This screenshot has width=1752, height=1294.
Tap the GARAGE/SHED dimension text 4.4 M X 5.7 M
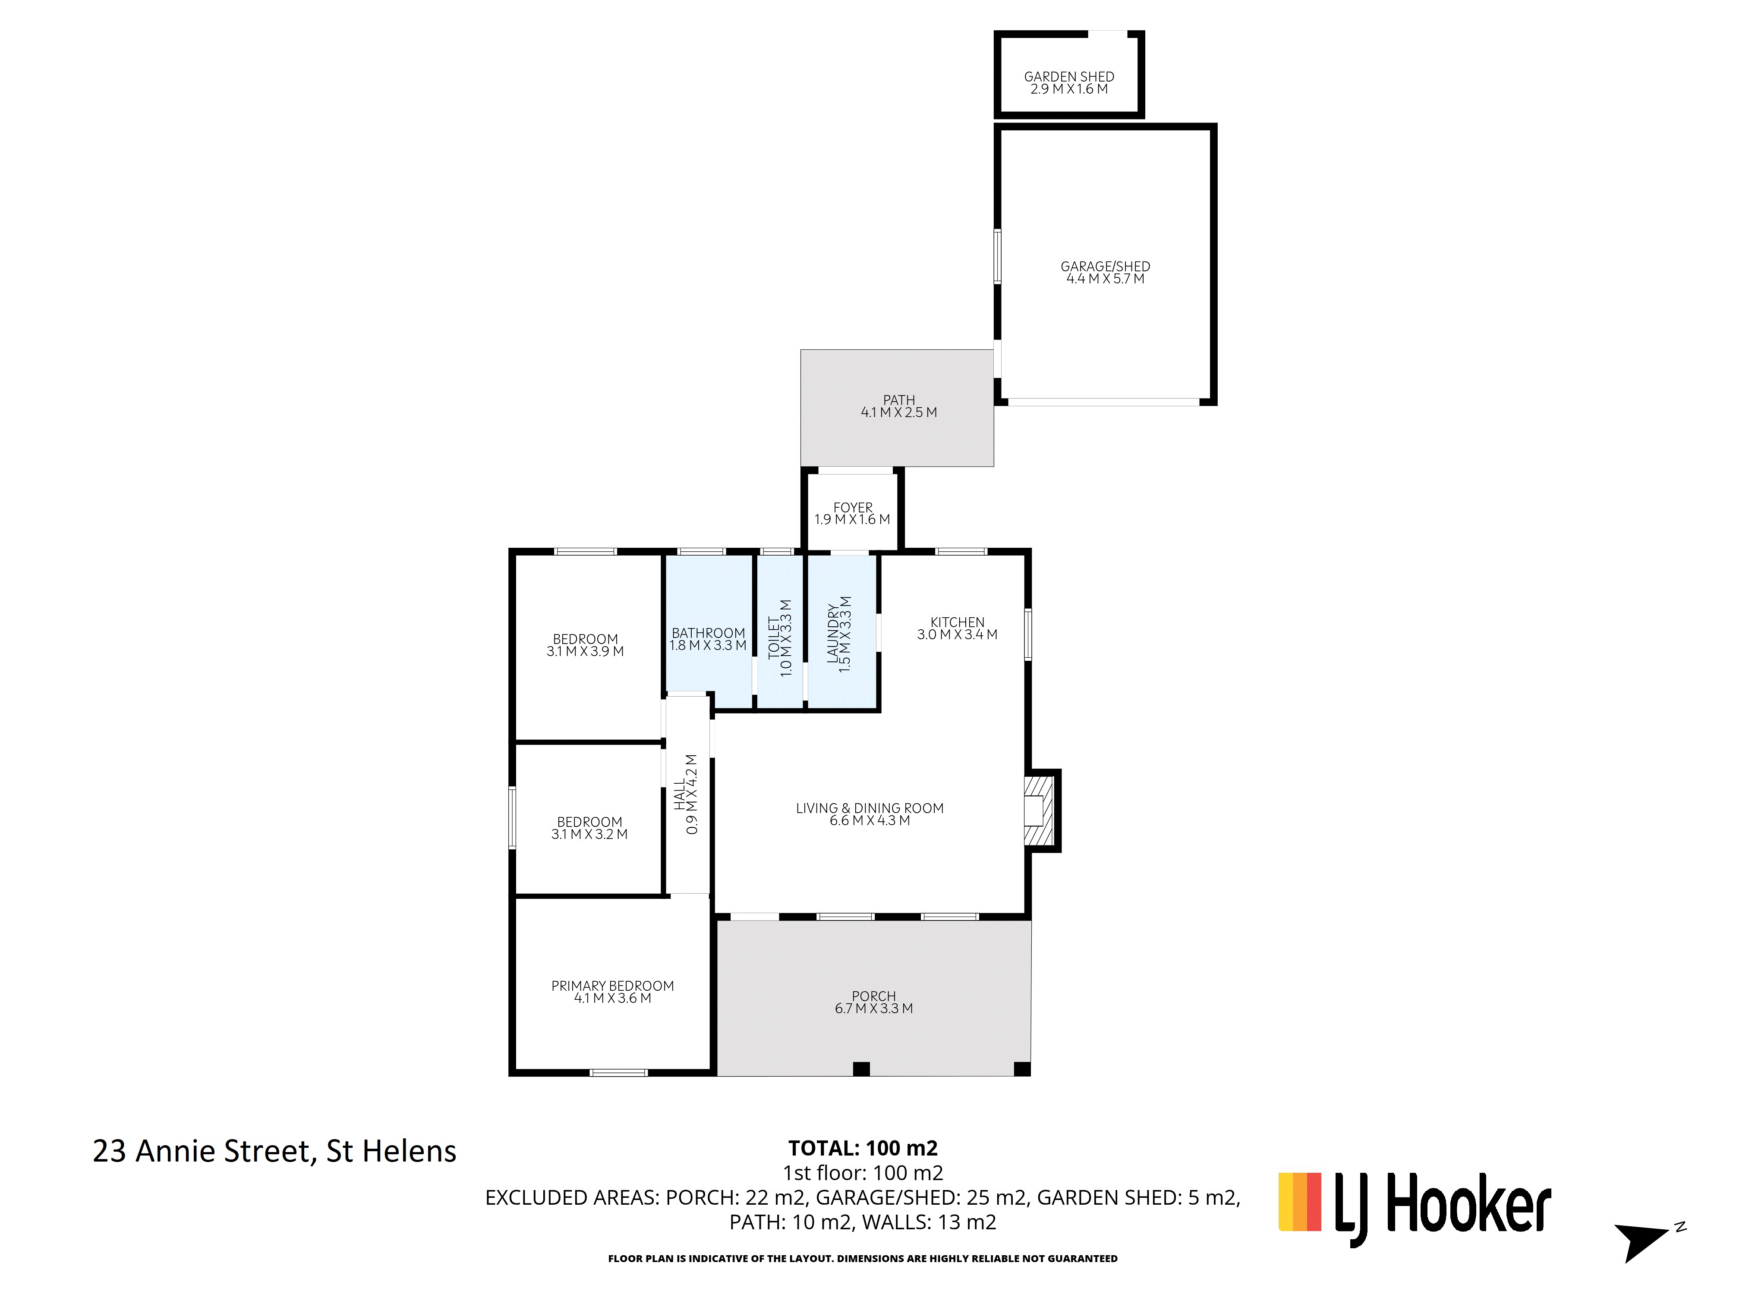(1105, 279)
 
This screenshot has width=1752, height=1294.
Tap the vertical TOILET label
(774, 636)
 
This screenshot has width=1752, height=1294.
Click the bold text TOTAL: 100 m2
(863, 1148)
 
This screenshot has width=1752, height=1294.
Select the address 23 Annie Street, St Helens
(274, 1151)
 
